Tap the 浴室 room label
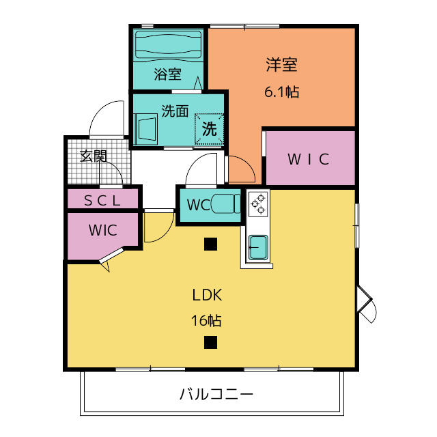pyautogui.click(x=168, y=74)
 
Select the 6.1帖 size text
pyautogui.click(x=282, y=91)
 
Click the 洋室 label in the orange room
pyautogui.click(x=282, y=65)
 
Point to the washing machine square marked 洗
pyautogui.click(x=209, y=129)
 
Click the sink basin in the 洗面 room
pyautogui.click(x=145, y=129)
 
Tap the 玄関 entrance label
pyautogui.click(x=94, y=156)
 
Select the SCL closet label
pyautogui.click(x=102, y=200)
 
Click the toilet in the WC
pyautogui.click(x=226, y=203)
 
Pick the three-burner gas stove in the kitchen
pyautogui.click(x=259, y=204)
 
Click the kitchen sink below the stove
pyautogui.click(x=258, y=247)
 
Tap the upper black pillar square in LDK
pyautogui.click(x=210, y=244)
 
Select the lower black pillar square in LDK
pyautogui.click(x=210, y=342)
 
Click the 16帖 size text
pyautogui.click(x=206, y=320)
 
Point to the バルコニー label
pyautogui.click(x=216, y=394)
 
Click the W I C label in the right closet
pyautogui.click(x=308, y=159)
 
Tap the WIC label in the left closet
pyautogui.click(x=102, y=230)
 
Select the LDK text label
pyautogui.click(x=207, y=295)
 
